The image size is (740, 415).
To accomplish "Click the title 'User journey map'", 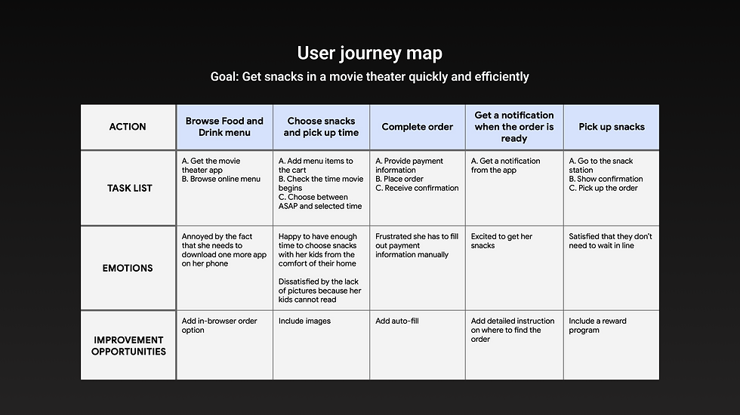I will [369, 54].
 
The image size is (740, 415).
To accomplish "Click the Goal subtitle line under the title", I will [369, 77].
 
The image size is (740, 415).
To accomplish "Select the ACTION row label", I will [128, 127].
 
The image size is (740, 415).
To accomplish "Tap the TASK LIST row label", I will [129, 188].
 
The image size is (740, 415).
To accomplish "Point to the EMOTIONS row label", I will [128, 268].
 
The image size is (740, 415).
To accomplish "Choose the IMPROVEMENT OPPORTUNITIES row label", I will [128, 346].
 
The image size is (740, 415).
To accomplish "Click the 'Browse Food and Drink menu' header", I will [224, 127].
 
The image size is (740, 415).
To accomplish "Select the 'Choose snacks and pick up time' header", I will [321, 127].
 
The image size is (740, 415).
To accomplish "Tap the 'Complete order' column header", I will [417, 127].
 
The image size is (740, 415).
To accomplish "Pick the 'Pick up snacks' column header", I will [612, 127].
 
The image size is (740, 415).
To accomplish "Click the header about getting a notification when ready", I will [513, 127].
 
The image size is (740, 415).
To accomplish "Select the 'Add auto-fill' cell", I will [397, 321].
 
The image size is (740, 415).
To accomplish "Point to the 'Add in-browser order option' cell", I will [219, 325].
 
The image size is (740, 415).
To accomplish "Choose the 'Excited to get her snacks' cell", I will [501, 241].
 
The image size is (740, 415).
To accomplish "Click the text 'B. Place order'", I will [399, 180].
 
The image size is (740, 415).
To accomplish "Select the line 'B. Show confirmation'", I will [606, 180].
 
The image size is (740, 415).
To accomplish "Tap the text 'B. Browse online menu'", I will [220, 180].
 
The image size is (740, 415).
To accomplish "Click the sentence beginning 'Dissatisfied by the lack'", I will [319, 290].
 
